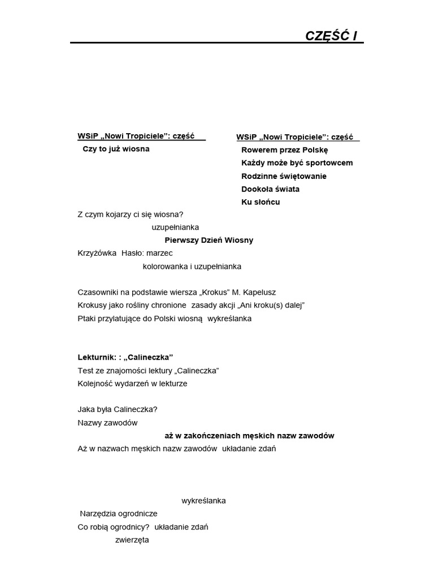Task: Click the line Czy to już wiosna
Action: click(116, 149)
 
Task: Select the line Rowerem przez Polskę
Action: click(284, 150)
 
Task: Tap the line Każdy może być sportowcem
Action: click(297, 163)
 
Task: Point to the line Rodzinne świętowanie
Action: click(284, 176)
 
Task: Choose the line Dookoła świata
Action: click(270, 189)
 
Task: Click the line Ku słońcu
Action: click(261, 202)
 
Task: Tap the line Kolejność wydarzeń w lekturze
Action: click(132, 384)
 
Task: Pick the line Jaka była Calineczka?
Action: click(118, 410)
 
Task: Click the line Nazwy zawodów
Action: click(107, 423)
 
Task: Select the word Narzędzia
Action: click(98, 514)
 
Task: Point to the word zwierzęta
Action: click(132, 540)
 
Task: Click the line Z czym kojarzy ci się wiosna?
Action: click(131, 214)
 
